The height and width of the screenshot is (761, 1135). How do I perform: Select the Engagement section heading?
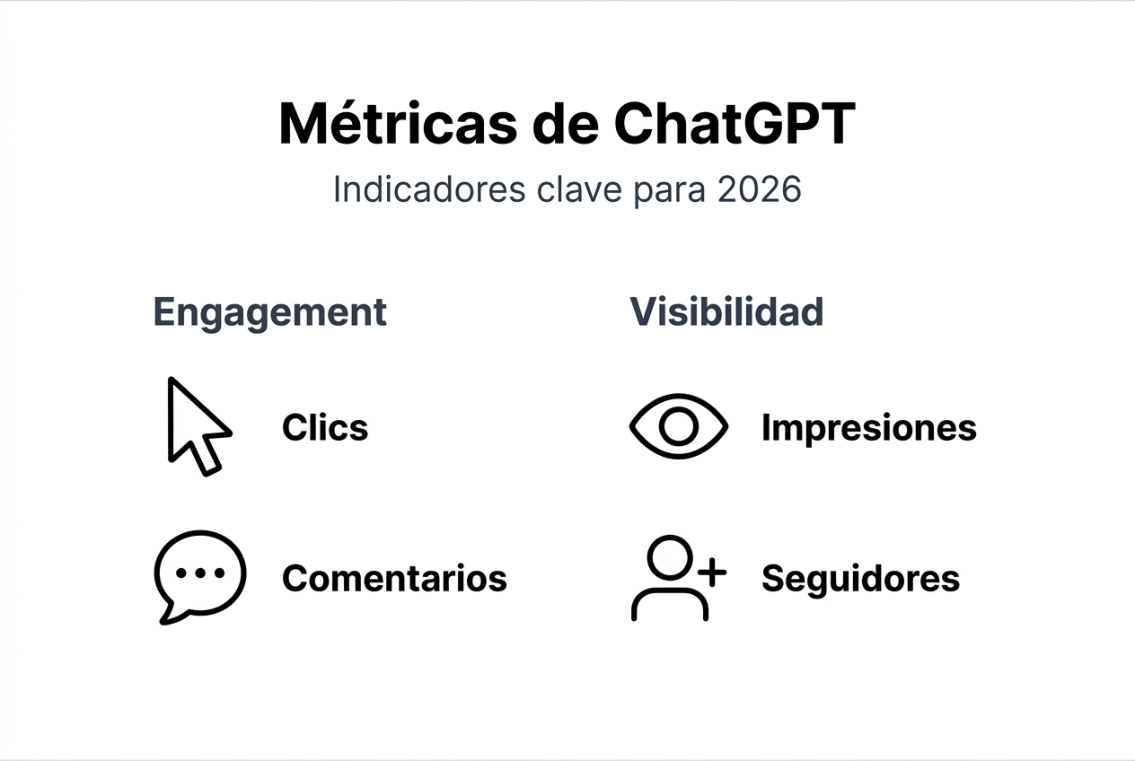[270, 313]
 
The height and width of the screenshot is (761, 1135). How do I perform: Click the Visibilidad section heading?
[726, 311]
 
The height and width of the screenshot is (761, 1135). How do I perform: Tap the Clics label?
[325, 428]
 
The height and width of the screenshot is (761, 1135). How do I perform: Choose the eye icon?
[678, 426]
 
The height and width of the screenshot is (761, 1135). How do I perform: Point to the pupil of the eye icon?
[678, 426]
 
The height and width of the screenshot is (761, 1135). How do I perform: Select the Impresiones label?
[868, 428]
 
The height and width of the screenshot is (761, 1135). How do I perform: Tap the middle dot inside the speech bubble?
[199, 573]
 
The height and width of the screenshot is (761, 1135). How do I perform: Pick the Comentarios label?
[394, 578]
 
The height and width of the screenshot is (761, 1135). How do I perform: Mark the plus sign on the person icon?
[712, 573]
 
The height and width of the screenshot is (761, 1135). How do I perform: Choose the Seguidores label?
[860, 579]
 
